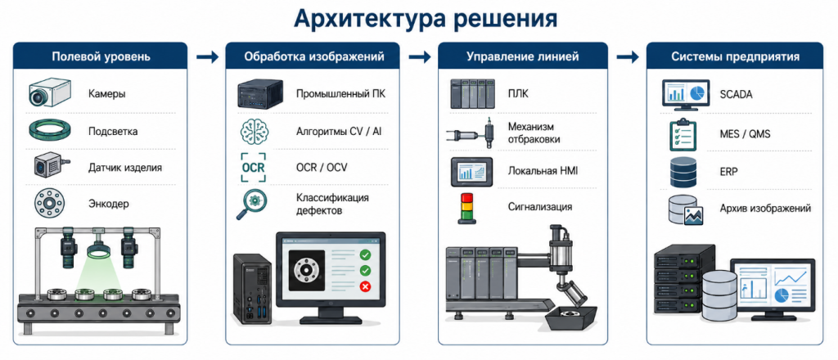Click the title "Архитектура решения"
coord(426,19)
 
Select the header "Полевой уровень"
coord(101,56)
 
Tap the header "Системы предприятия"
coord(736,56)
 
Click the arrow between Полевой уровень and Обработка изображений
coord(207,56)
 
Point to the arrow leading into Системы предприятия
coord(628,56)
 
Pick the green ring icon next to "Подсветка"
coord(48,129)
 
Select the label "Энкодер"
coord(109,204)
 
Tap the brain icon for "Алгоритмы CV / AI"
coord(254,131)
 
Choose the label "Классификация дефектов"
coord(332,204)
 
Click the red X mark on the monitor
coord(366,287)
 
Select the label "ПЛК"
coord(517,94)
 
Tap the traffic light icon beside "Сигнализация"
coord(463,207)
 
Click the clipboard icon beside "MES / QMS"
coord(683,134)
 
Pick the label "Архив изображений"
coord(765,208)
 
